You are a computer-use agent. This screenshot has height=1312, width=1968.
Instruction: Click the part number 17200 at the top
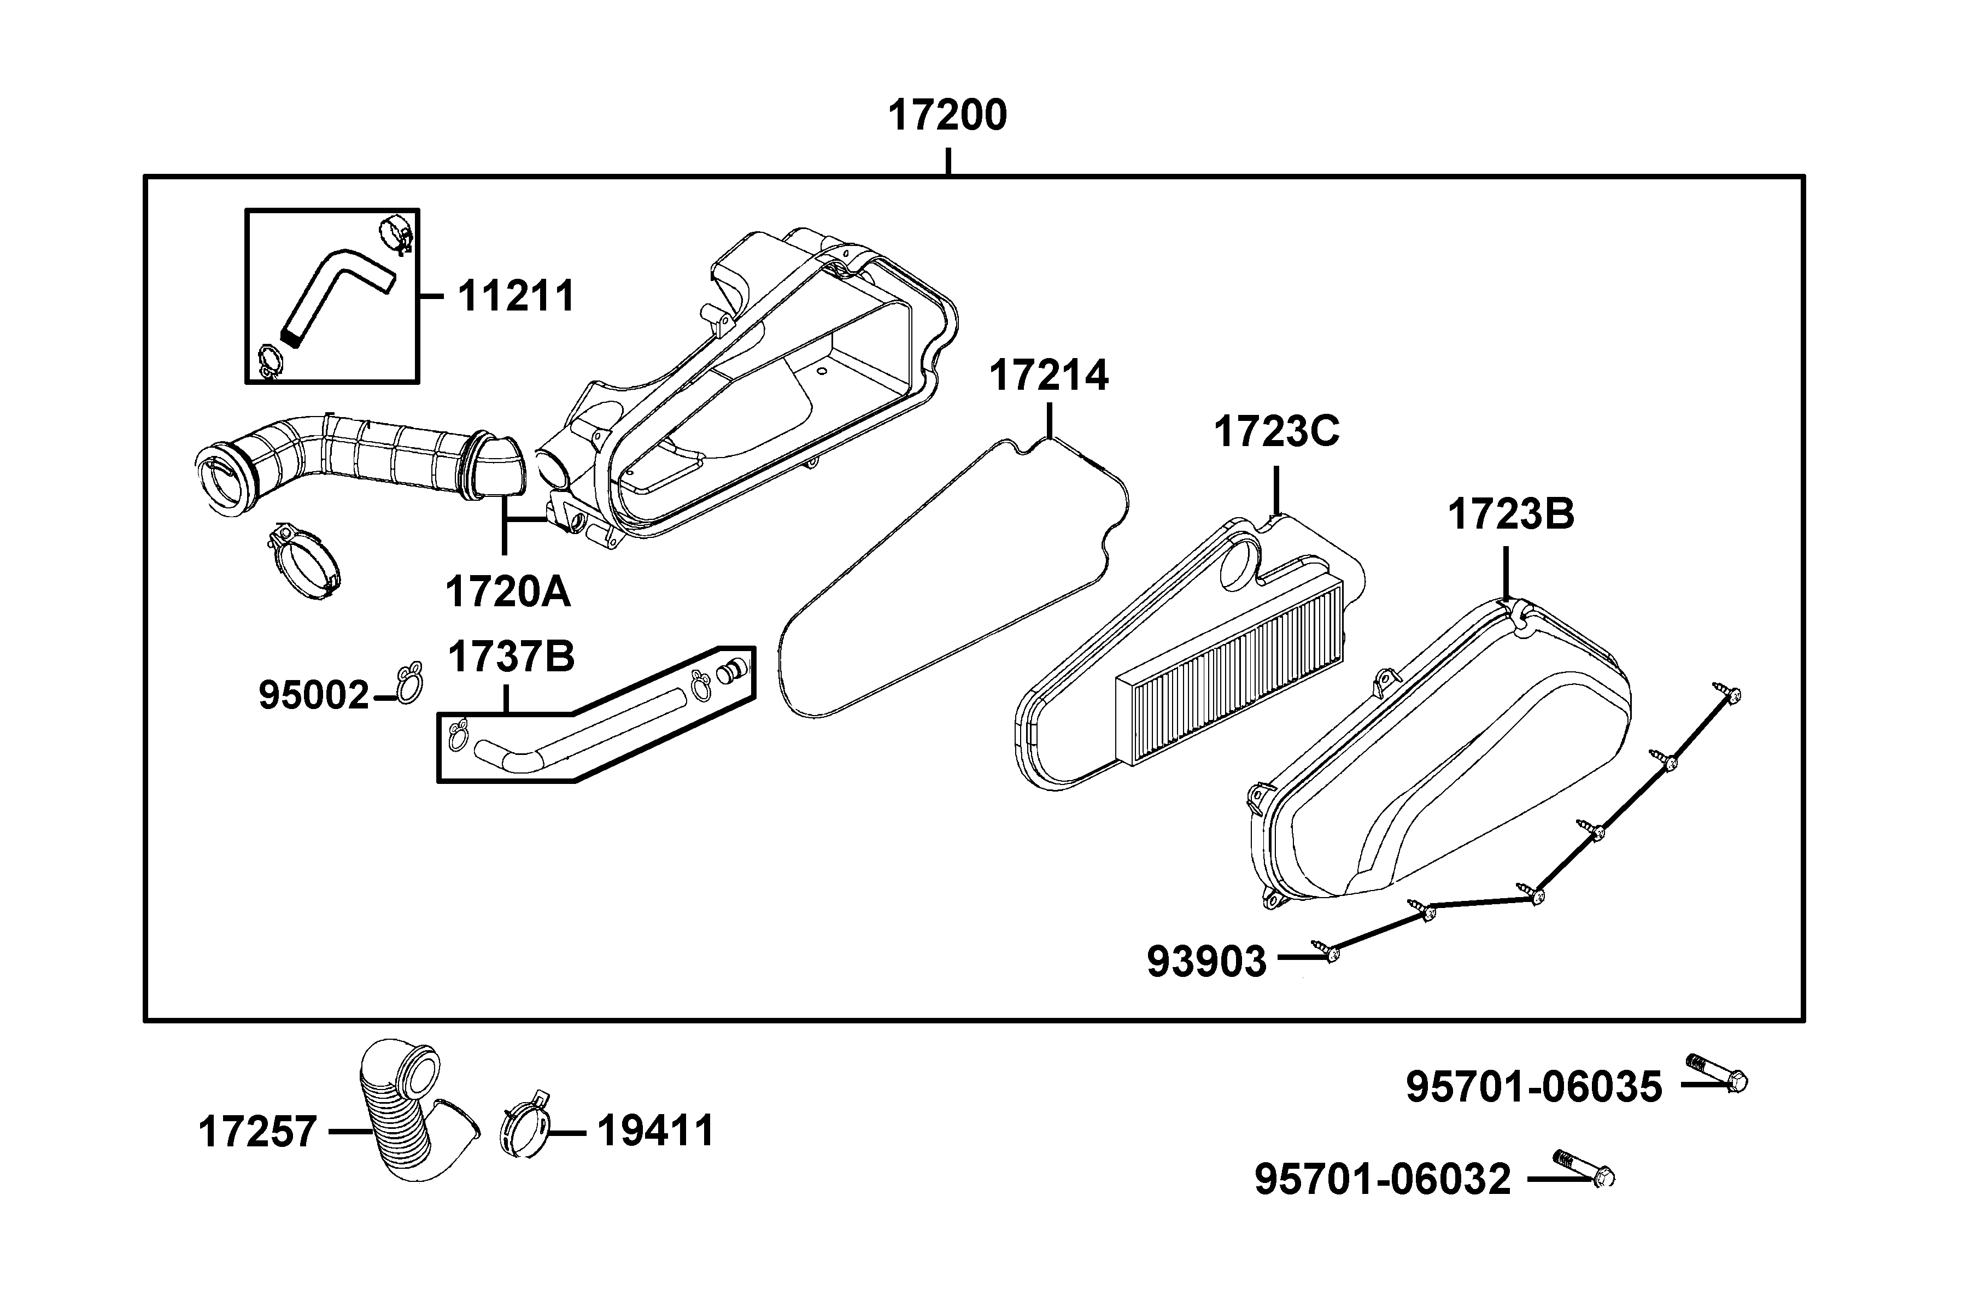click(947, 115)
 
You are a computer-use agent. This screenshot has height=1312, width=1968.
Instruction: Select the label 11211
click(516, 296)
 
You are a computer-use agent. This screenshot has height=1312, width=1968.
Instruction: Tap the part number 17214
click(1049, 376)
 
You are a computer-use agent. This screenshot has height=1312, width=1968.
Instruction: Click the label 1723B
click(1510, 514)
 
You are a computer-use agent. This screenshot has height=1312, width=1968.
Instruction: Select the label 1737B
click(511, 657)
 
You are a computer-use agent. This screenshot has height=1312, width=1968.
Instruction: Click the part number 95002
click(314, 695)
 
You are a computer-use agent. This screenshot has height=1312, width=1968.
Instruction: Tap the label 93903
click(1206, 962)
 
